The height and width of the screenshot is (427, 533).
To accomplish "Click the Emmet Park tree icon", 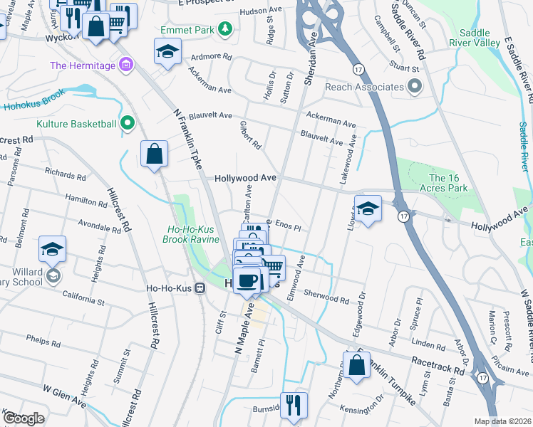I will pyautogui.click(x=225, y=28).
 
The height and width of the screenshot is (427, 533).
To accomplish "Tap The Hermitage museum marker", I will pyautogui.click(x=126, y=66).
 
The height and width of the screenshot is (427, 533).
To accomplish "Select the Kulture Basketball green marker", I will pyautogui.click(x=128, y=124).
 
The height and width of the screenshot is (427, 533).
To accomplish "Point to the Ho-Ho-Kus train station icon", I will pyautogui.click(x=200, y=288).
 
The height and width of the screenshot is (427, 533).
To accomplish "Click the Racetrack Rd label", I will pyautogui.click(x=438, y=362).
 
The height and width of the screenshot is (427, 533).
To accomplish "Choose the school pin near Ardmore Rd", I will pyautogui.click(x=167, y=51).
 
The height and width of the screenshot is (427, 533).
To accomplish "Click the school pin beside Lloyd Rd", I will pyautogui.click(x=367, y=209).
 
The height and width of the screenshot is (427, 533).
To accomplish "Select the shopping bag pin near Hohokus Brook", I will pyautogui.click(x=154, y=153).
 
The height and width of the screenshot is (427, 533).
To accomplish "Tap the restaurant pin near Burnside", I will pyautogui.click(x=294, y=405).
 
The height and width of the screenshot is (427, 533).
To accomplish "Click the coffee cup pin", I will pyautogui.click(x=247, y=280).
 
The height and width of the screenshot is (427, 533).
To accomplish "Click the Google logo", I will pyautogui.click(x=24, y=418).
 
